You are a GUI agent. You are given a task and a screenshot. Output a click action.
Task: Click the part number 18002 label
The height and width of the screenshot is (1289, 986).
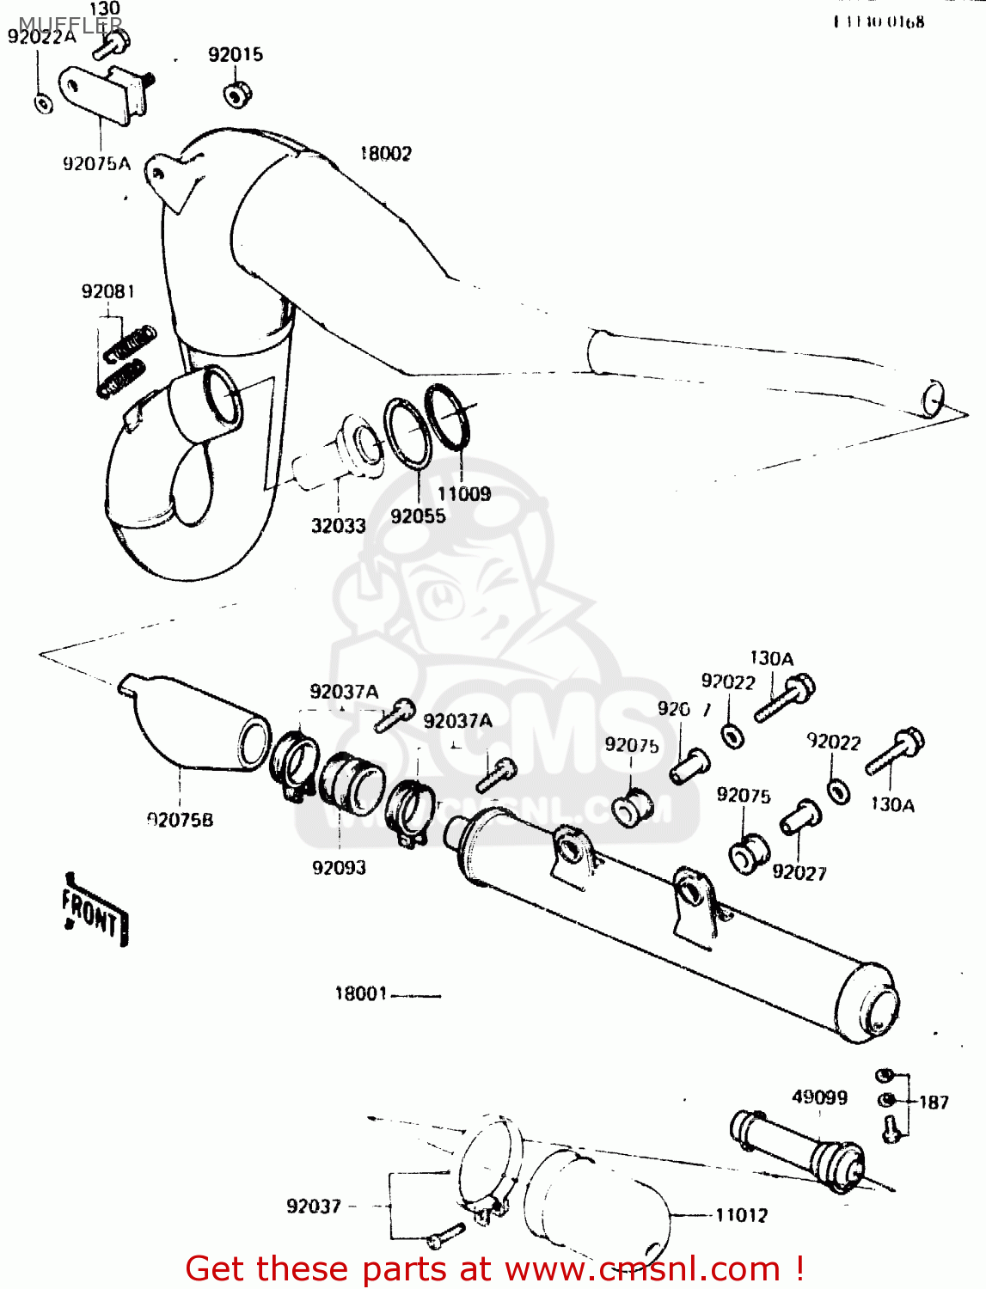(385, 154)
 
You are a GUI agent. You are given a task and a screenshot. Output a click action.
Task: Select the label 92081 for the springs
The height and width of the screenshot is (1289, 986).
(108, 291)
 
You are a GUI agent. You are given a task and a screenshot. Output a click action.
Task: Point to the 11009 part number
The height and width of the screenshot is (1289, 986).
(464, 493)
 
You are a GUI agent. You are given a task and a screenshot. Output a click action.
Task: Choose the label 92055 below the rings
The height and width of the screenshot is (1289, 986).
(418, 516)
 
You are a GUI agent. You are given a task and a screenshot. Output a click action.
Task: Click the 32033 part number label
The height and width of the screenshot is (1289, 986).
(338, 525)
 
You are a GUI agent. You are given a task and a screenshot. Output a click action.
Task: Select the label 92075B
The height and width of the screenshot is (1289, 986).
(180, 820)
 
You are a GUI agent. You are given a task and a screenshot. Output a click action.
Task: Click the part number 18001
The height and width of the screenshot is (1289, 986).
(361, 993)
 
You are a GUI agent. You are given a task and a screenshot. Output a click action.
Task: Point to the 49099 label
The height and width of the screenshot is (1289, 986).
(819, 1097)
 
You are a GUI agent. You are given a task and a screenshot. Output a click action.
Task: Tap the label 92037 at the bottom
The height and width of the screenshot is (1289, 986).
(314, 1207)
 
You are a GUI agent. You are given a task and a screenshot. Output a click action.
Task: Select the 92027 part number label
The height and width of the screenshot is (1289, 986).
(799, 872)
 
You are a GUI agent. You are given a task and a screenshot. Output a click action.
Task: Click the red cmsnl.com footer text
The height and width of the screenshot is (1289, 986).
(494, 1268)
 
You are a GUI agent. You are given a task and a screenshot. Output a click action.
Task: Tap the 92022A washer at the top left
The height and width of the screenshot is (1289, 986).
(42, 104)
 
